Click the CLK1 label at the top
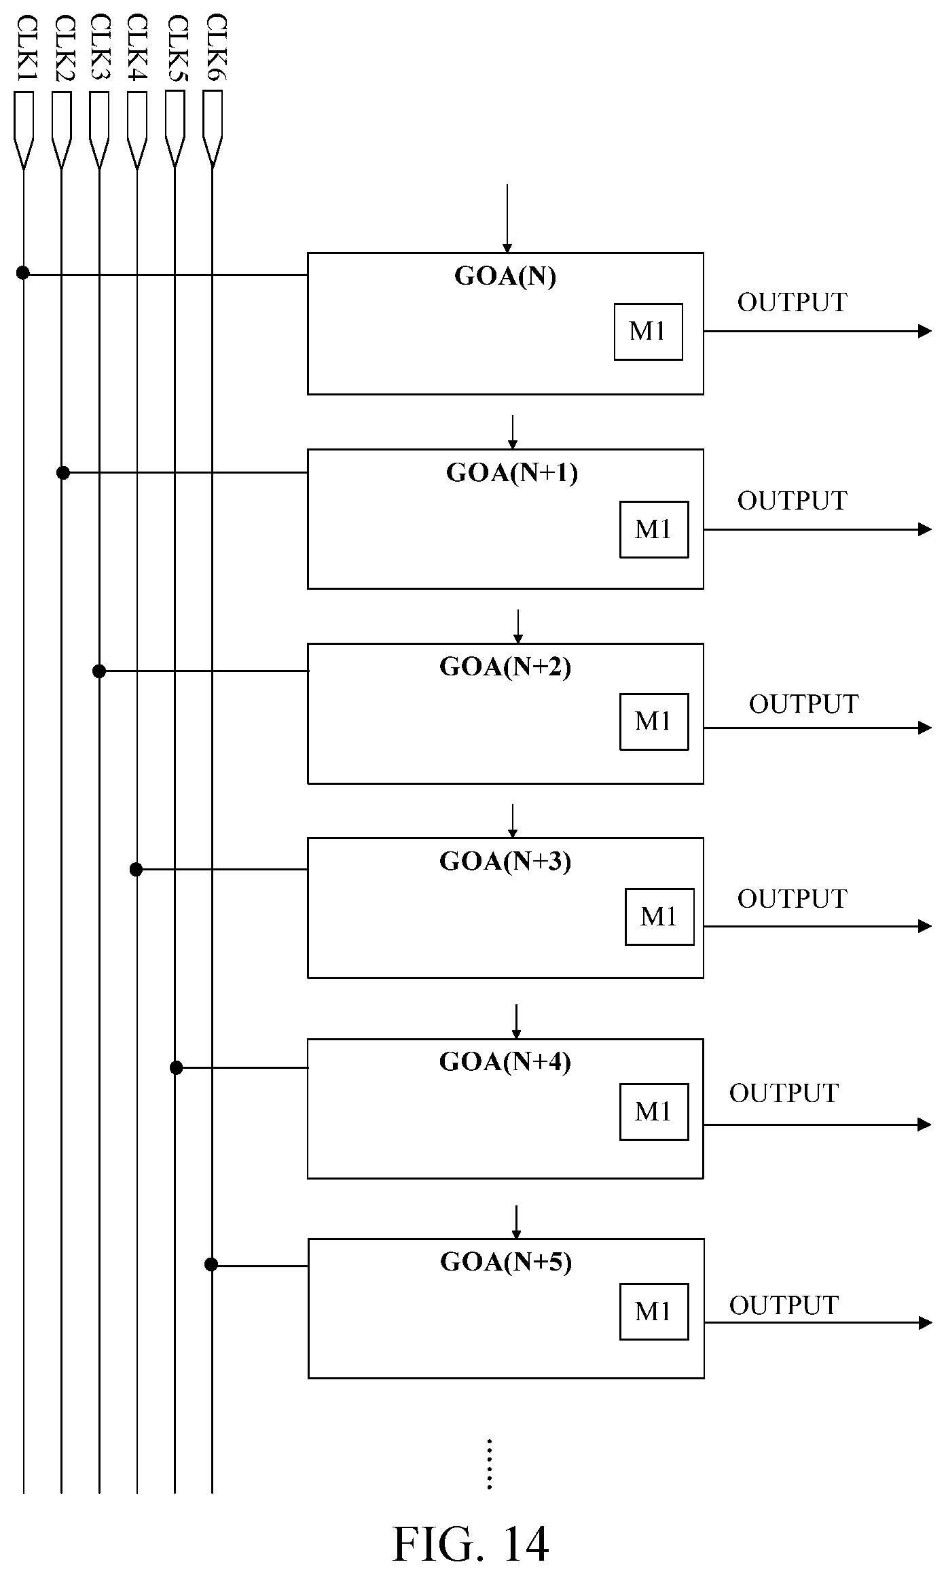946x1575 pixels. [26, 48]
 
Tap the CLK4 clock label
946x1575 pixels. [138, 48]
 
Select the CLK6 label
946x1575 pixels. [216, 48]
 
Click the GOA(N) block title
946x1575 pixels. [505, 276]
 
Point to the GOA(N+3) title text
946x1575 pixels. [505, 861]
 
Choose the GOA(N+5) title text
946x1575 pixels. [506, 1262]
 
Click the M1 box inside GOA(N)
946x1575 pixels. [649, 332]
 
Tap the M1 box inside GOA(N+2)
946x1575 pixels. [654, 722]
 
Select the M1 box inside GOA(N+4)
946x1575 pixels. [654, 1112]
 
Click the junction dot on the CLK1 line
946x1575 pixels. [23, 273]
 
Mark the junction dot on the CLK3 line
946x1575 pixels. [99, 671]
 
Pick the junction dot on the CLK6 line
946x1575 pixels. [211, 1264]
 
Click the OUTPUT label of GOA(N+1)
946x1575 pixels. [793, 501]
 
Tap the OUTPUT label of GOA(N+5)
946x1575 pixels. [784, 1305]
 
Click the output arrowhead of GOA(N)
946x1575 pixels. [925, 332]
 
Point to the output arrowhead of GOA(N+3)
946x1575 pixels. [925, 926]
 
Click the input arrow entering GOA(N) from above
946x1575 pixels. [507, 219]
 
